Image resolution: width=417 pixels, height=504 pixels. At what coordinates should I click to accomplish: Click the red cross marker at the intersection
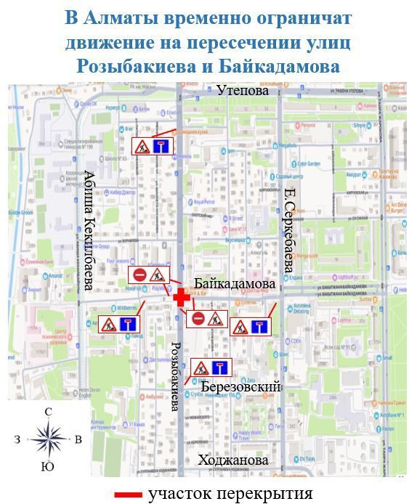coord(182,298)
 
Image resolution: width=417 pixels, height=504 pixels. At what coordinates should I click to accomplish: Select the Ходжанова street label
coord(233,460)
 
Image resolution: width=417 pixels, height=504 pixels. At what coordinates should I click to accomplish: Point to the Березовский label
coord(240,387)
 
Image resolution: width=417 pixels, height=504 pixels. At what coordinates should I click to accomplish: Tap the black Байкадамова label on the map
coord(235,283)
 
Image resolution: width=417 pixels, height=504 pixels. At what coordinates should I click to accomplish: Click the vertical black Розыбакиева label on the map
coord(174,375)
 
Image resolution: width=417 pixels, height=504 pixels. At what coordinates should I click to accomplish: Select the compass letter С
coord(48,412)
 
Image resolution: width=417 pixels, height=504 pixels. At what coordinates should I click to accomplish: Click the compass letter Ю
coord(48,466)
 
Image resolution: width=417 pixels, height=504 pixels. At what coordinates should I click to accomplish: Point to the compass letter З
coord(17,439)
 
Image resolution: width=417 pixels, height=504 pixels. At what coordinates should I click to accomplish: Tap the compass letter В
coord(78,439)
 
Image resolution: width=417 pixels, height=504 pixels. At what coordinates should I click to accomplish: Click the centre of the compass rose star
coord(48,439)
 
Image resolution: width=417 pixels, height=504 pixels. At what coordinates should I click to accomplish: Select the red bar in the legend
coord(129,495)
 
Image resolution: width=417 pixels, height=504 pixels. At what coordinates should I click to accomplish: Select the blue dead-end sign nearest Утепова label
coord(162,146)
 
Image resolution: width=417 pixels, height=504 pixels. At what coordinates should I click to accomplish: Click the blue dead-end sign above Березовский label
coord(220,367)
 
